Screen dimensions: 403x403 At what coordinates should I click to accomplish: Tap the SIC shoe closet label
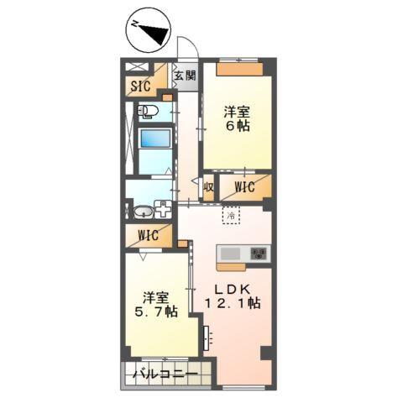(140, 85)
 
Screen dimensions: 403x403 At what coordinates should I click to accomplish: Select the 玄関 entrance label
(185, 76)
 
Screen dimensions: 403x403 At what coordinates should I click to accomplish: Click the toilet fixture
(146, 111)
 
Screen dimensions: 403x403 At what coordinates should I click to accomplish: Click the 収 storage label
(208, 188)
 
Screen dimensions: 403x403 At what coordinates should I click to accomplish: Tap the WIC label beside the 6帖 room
(244, 187)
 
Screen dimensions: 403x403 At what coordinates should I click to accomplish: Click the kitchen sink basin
(231, 254)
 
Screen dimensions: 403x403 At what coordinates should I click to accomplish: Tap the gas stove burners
(258, 254)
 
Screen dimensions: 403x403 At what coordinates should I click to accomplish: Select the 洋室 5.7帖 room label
(159, 304)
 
